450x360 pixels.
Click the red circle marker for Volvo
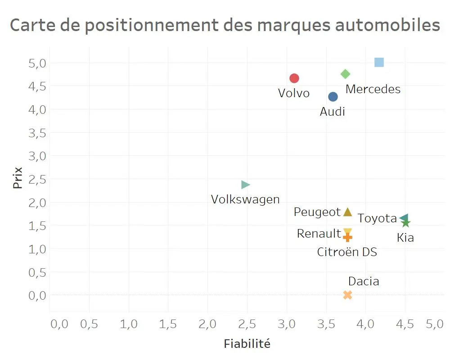click(294, 78)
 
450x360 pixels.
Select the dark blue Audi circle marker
click(333, 97)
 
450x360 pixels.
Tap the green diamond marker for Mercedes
click(346, 74)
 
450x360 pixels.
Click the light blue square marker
click(379, 62)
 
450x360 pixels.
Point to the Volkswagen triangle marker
click(245, 184)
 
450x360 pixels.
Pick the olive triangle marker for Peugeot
click(347, 212)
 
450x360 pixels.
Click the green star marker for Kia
click(406, 223)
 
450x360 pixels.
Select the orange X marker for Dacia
click(347, 295)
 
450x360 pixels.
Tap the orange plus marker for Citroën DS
click(347, 237)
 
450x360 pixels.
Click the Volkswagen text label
click(245, 199)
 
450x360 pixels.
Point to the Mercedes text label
click(373, 89)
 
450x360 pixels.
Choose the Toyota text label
click(377, 218)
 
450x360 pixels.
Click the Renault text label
click(319, 234)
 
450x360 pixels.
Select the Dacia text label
click(364, 281)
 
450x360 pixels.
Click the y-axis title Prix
click(18, 178)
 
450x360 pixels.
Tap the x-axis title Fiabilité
click(247, 344)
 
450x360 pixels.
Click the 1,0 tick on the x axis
click(129, 324)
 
